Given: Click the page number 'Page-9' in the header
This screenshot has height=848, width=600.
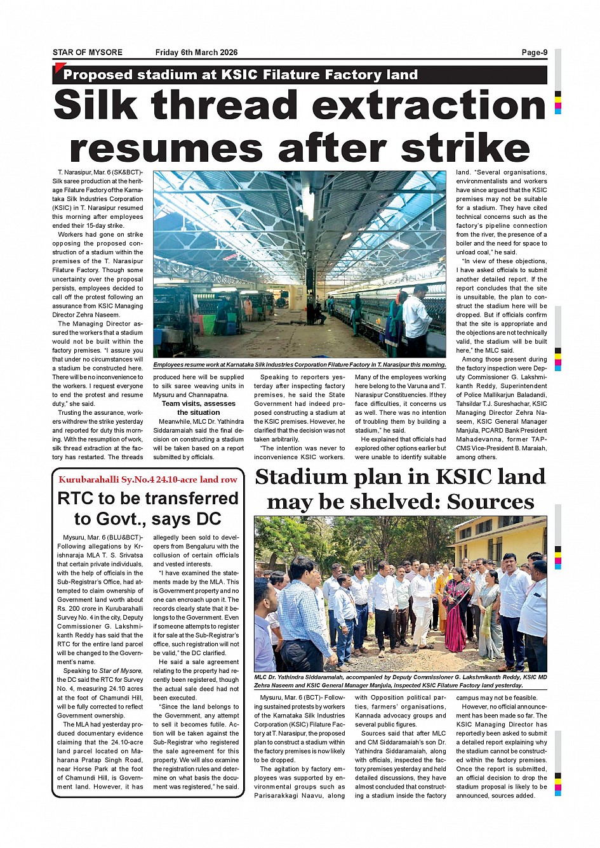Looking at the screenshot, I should tap(534, 53).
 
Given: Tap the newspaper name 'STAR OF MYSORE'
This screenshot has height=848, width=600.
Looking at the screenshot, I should tap(88, 53).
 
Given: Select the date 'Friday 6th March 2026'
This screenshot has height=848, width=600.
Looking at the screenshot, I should tap(196, 53).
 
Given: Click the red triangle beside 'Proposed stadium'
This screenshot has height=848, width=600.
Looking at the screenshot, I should tap(60, 68).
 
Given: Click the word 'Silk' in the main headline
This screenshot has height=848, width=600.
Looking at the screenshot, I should tap(95, 105).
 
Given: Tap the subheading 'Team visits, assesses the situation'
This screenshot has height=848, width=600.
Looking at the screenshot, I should tap(199, 408).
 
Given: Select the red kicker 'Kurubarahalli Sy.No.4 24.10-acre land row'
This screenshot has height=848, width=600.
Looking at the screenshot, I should tap(148, 479).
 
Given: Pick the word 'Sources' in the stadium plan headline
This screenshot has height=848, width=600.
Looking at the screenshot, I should tap(490, 502).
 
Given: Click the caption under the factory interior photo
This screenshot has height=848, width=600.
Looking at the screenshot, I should tap(299, 365).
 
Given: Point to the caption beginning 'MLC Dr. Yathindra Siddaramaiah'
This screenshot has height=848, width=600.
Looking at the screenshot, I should tap(400, 681).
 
